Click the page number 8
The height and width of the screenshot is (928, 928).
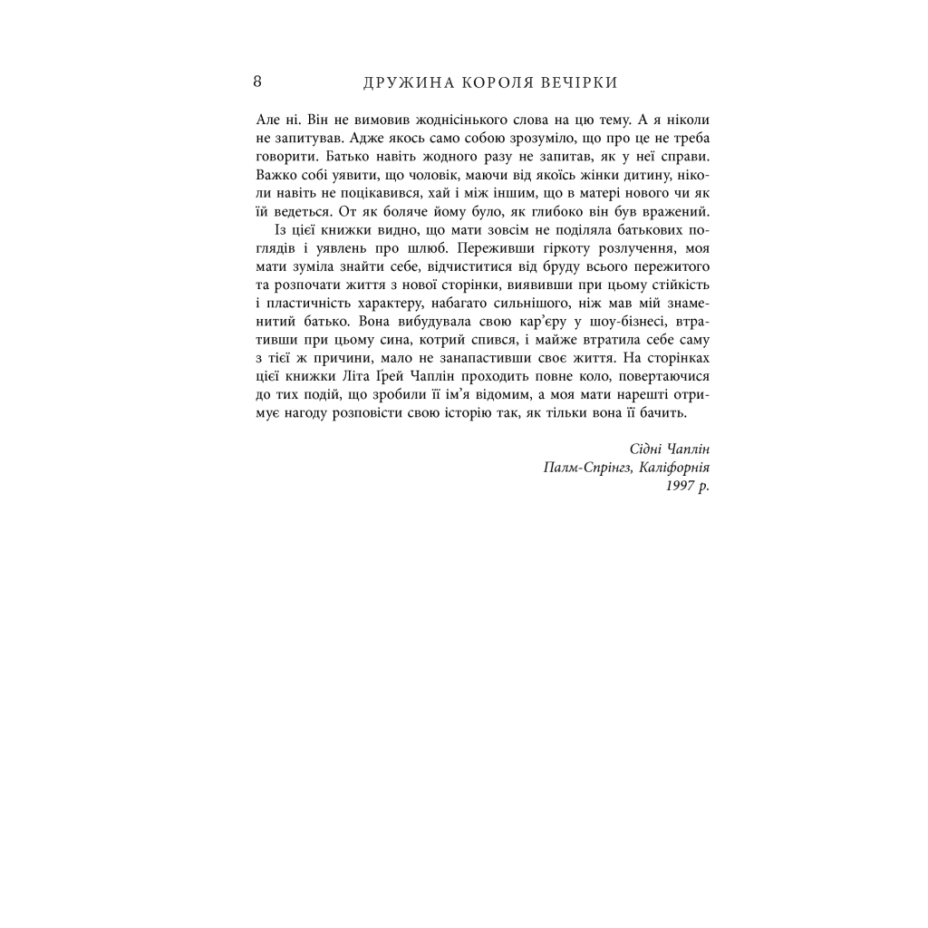(x=258, y=82)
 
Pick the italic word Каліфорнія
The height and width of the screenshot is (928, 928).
(x=672, y=467)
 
